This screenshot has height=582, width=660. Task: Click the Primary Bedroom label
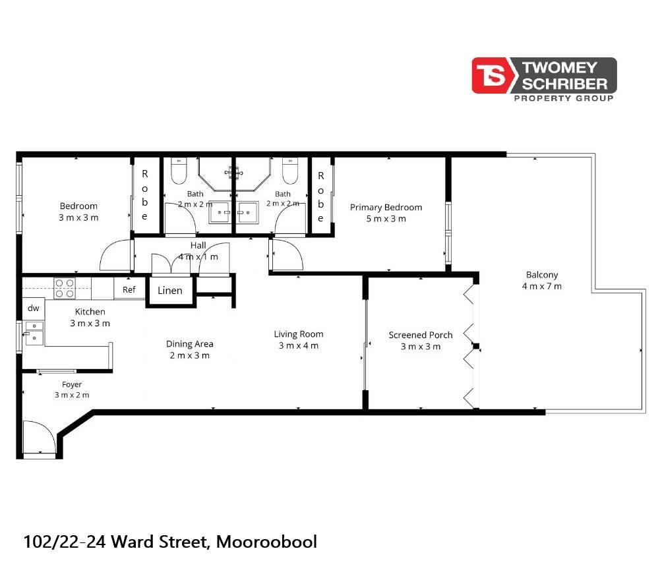tap(386, 207)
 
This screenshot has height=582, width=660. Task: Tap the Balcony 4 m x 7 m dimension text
tap(542, 286)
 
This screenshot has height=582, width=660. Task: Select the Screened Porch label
tap(421, 335)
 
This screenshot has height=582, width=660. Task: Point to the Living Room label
tap(299, 334)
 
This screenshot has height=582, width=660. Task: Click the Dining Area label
tap(189, 344)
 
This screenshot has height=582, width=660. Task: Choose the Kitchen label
tap(90, 312)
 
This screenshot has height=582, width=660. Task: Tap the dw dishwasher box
tap(33, 308)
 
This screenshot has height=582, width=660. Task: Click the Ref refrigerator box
tap(129, 289)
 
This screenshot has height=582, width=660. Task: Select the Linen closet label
tap(170, 291)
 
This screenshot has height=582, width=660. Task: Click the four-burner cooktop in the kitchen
tap(65, 289)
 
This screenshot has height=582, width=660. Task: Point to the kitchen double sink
tap(34, 333)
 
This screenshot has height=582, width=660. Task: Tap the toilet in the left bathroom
tap(179, 171)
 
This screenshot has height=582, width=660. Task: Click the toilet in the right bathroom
tap(290, 171)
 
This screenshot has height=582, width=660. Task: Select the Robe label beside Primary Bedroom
tap(320, 197)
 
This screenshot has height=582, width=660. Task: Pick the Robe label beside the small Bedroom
tap(145, 195)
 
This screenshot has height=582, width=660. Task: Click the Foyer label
tap(72, 385)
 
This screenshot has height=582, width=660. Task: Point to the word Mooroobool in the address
tap(266, 542)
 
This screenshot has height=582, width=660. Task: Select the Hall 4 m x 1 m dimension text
tap(198, 257)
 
